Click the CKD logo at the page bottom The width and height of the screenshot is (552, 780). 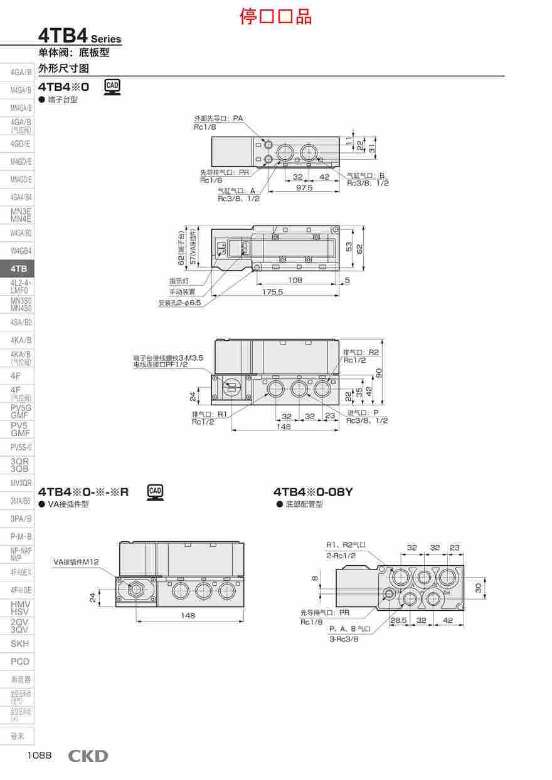coord(88,756)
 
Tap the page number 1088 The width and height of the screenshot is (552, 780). coord(39,756)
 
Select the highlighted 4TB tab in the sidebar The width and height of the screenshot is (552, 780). coord(19,269)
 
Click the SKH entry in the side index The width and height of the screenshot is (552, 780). coord(19,643)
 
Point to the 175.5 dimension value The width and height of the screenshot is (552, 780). coord(272,291)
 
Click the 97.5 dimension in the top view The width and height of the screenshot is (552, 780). coord(304,187)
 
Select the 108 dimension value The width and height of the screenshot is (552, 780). coord(295,280)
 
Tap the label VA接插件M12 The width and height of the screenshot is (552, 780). coord(76,562)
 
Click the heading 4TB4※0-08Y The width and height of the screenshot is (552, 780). coord(313,492)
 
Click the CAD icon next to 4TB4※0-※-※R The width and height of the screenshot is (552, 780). coord(155,492)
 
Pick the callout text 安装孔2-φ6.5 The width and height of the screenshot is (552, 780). coord(179,303)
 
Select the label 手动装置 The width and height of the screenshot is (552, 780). coord(182,292)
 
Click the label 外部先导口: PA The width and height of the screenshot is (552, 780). coord(218,118)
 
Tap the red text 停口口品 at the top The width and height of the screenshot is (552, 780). coord(275,16)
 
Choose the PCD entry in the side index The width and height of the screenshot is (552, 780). coord(19,662)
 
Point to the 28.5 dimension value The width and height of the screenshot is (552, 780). coord(398,620)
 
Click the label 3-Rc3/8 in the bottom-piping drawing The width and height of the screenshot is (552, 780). coord(344,639)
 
